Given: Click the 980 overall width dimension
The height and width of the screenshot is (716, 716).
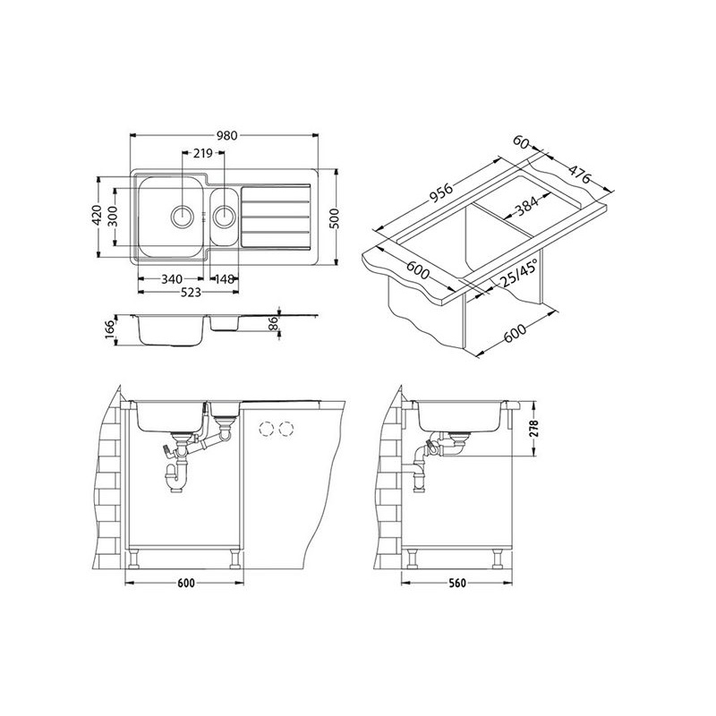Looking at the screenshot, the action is tap(227, 136).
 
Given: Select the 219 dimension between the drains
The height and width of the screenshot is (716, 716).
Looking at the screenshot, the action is tap(203, 153).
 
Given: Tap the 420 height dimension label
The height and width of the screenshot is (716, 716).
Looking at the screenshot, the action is tap(96, 217).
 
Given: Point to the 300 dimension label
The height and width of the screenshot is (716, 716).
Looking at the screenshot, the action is tap(113, 217).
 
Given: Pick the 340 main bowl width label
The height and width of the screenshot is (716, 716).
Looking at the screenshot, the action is tap(172, 279).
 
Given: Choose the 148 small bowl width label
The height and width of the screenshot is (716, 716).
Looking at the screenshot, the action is tap(225, 279).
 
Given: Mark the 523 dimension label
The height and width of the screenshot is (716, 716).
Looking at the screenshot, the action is tap(190, 293).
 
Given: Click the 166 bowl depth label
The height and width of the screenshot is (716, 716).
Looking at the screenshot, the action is tap(109, 329).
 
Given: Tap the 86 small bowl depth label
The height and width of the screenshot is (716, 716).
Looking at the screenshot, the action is tap(273, 323).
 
